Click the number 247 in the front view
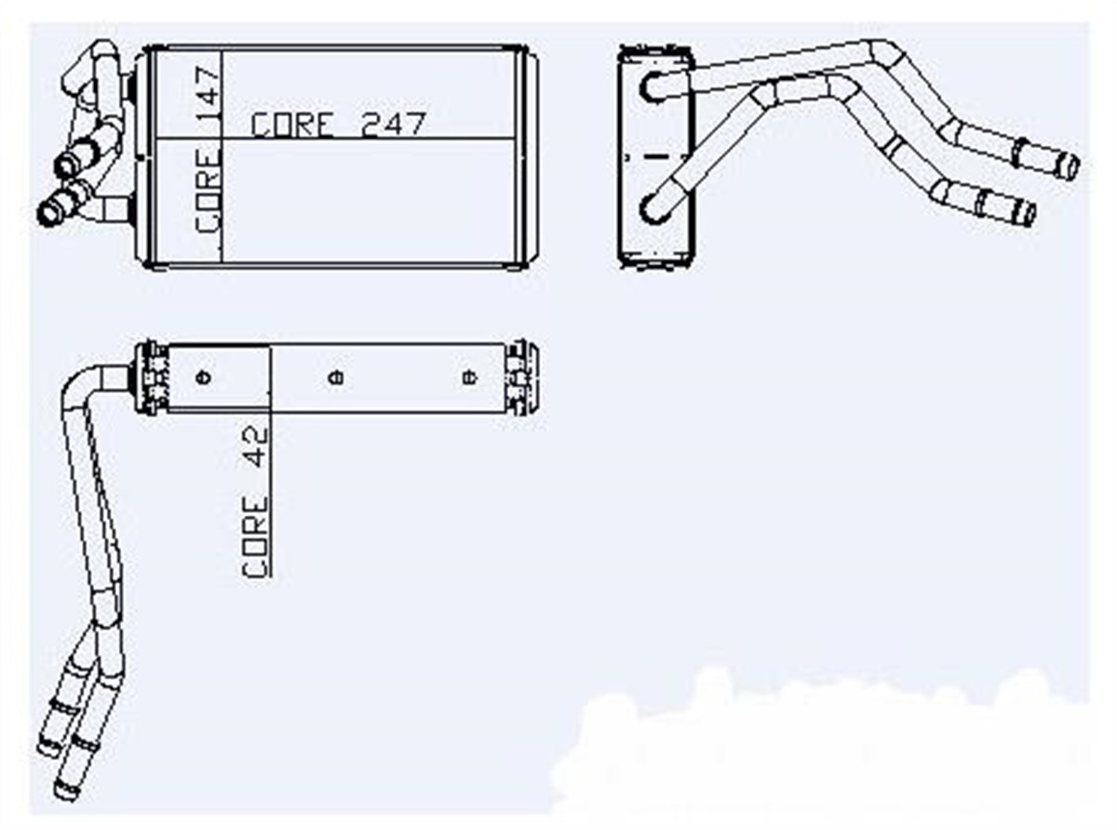point(394,124)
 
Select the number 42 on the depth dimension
point(255,447)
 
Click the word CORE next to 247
point(292,125)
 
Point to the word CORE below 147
point(208,191)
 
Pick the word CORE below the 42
point(255,537)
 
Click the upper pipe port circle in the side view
point(654,87)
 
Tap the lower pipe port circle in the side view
point(654,207)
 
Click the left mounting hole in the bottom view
point(204,377)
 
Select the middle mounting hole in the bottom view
point(336,377)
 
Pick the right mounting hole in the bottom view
point(470,377)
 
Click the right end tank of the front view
point(527,156)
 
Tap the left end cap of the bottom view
point(152,378)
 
